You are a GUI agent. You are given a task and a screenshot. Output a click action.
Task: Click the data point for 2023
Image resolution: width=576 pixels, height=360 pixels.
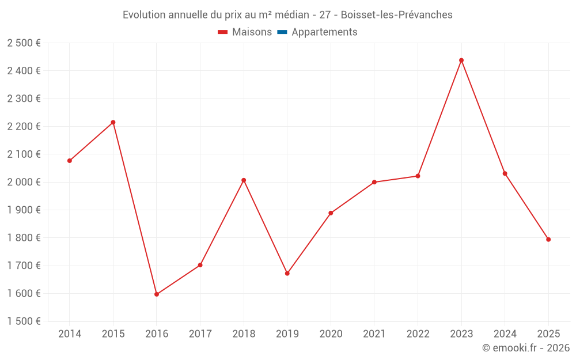tap(461, 60)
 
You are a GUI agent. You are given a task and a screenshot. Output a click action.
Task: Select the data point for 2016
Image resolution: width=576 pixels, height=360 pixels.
tap(157, 294)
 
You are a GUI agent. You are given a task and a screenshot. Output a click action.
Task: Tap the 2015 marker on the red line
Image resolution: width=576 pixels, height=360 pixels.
tap(113, 122)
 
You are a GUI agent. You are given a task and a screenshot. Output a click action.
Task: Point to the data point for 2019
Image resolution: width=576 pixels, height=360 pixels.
tap(287, 273)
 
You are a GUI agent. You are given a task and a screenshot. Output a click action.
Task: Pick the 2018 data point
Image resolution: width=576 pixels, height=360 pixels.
tap(244, 180)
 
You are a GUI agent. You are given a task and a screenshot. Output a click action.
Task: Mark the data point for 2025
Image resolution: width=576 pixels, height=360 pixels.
tap(548, 240)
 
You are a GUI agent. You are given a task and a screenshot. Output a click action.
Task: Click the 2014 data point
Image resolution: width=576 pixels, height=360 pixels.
tap(70, 161)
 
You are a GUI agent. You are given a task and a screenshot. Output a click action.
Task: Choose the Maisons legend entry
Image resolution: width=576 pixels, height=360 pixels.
tap(245, 32)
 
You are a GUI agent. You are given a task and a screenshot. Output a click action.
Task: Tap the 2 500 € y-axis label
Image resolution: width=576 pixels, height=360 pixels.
tap(24, 43)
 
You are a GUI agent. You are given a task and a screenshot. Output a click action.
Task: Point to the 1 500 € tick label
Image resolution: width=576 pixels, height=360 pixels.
tap(24, 321)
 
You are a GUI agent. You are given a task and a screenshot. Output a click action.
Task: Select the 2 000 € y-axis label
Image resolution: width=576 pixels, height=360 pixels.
tap(24, 182)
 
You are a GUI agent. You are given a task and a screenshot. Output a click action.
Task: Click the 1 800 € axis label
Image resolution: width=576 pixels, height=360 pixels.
tap(24, 238)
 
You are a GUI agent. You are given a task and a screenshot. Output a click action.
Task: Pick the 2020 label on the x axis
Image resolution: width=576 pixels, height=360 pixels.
tap(331, 334)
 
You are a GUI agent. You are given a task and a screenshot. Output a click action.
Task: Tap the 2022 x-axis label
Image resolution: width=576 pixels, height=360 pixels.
tap(418, 334)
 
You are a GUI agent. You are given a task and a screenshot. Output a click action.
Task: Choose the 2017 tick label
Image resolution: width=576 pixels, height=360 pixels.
tap(200, 334)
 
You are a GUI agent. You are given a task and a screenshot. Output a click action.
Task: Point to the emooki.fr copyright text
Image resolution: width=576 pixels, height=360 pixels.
tap(526, 348)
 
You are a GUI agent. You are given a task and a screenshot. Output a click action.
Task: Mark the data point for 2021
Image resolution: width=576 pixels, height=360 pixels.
tap(374, 182)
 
